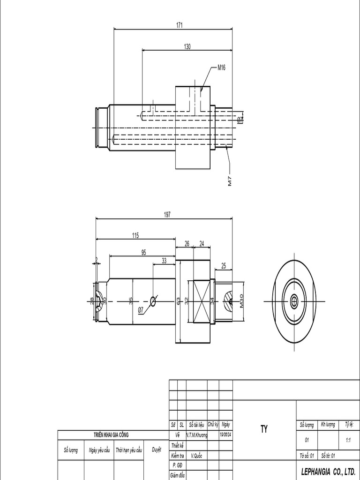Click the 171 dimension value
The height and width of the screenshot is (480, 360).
[180, 25]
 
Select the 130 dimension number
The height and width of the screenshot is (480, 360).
[187, 46]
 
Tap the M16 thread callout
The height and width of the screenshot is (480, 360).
[221, 67]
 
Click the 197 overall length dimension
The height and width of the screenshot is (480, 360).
[167, 214]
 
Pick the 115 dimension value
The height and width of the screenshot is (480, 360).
[135, 235]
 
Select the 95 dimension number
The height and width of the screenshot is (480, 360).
[143, 252]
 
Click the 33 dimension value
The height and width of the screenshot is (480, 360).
[164, 261]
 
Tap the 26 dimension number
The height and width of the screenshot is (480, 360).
[187, 243]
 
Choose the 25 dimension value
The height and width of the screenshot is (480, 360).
[223, 266]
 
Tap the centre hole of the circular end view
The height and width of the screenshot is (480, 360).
[294, 300]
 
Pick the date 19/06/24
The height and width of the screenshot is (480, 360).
[226, 435]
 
